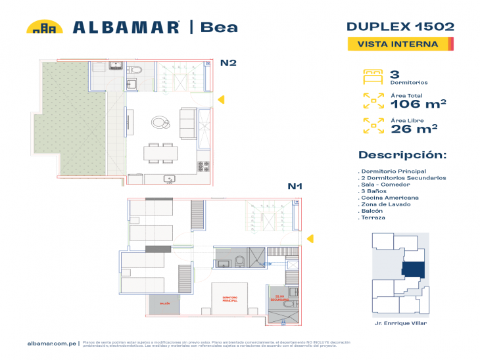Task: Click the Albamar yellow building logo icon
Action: pyautogui.click(x=44, y=27)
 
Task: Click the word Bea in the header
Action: pyautogui.click(x=219, y=27)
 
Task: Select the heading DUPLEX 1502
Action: pyautogui.click(x=400, y=26)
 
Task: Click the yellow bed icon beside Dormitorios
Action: pyautogui.click(x=373, y=76)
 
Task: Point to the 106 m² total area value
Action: pyautogui.click(x=418, y=103)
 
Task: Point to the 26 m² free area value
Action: pyautogui.click(x=414, y=129)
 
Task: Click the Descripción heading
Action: pyautogui.click(x=402, y=155)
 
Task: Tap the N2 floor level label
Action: pyautogui.click(x=228, y=63)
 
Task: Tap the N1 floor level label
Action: pyautogui.click(x=295, y=186)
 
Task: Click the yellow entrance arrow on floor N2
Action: pyautogui.click(x=222, y=99)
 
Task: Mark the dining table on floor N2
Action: pyautogui.click(x=160, y=154)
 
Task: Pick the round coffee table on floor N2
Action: pyautogui.click(x=160, y=122)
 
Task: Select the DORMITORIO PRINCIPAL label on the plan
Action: pyautogui.click(x=229, y=299)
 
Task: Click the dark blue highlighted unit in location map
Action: pyautogui.click(x=413, y=269)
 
